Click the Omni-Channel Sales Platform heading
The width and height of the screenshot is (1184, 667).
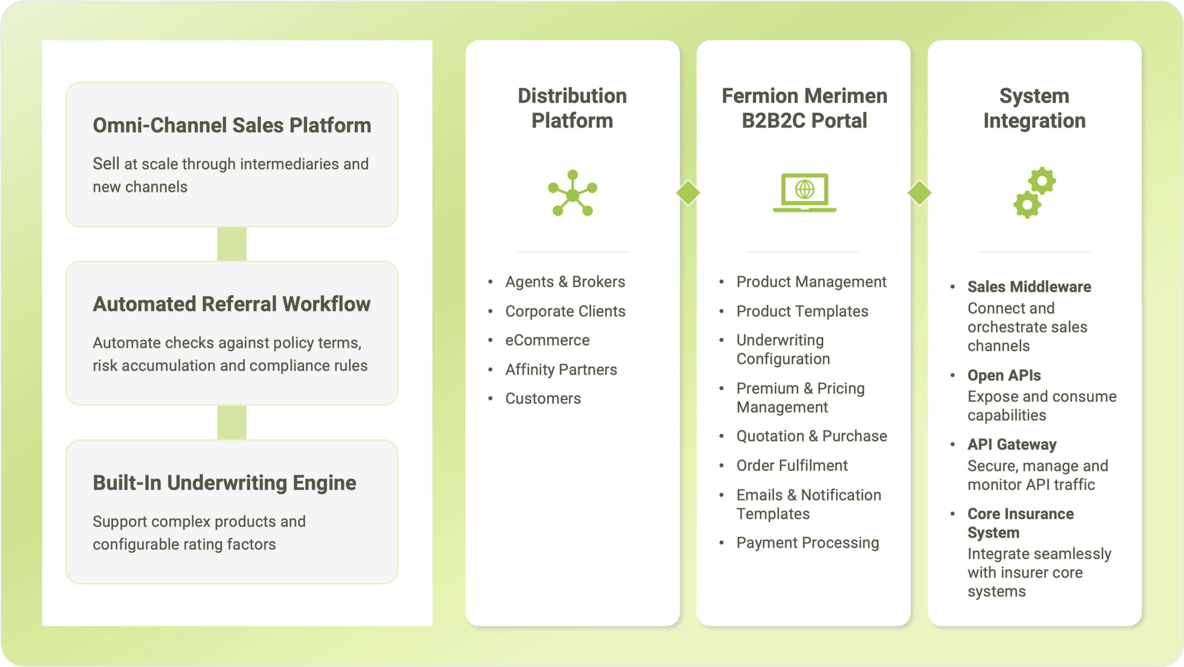[x=232, y=125]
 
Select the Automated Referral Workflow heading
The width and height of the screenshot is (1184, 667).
[x=232, y=304]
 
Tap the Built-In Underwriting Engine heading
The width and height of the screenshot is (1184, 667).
[x=225, y=483]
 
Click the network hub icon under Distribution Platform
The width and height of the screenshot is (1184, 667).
[x=573, y=193]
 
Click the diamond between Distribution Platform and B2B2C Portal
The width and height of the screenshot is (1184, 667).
[x=688, y=192]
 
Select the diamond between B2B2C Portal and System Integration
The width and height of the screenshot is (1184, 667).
[x=920, y=192]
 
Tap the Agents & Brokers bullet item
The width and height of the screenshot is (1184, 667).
[x=565, y=282]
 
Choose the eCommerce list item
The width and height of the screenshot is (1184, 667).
[x=547, y=340]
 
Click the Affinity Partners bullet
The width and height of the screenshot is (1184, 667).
[x=561, y=369]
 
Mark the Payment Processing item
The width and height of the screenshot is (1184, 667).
[x=808, y=543]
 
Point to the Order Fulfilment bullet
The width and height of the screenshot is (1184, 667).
[x=792, y=465]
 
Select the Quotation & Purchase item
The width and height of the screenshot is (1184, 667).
[x=812, y=436]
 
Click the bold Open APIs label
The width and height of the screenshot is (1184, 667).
[x=1004, y=375]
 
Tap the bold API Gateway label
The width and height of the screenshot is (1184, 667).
[x=1012, y=445]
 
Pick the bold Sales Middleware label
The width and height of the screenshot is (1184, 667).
[x=1029, y=287]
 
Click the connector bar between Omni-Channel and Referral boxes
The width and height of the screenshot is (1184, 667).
[x=232, y=244]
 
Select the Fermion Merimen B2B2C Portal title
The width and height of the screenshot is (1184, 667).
[x=804, y=108]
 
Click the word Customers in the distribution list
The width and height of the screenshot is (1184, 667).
[x=543, y=399]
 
